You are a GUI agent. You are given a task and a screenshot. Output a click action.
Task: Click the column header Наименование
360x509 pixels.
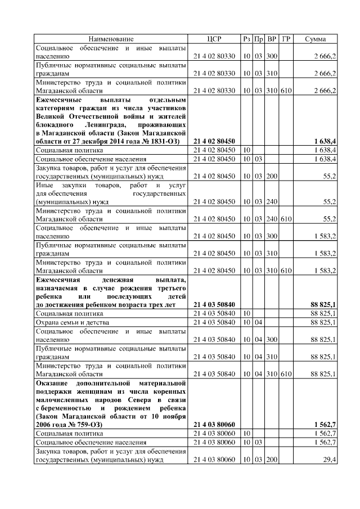[x=110, y=39]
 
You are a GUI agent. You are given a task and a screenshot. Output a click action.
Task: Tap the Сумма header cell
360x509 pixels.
[x=315, y=39]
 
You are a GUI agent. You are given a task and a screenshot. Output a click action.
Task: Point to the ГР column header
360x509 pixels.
[x=286, y=39]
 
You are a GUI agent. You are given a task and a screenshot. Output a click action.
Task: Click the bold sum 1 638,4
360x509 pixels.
[x=325, y=141]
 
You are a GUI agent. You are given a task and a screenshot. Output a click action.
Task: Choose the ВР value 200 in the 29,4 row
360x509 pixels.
[x=272, y=460]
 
